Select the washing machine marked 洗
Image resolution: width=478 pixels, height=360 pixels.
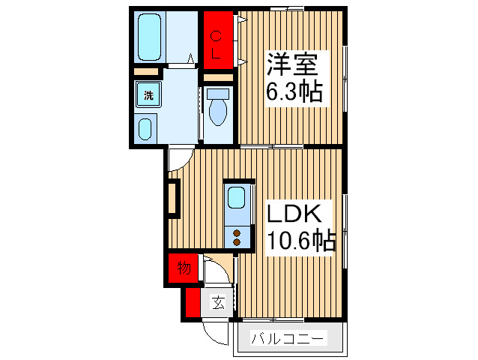[148, 95]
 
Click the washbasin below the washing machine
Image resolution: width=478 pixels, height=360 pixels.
[146, 129]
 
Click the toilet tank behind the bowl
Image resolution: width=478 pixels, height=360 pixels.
[219, 94]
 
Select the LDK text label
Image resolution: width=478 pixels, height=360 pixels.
[295, 214]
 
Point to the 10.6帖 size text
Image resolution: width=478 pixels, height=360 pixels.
[300, 241]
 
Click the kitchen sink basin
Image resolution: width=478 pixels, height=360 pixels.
[237, 199]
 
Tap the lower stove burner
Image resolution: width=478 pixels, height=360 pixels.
[237, 241]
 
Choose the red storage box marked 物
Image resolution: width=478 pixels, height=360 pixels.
[184, 267]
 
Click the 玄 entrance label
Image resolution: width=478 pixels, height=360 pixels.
[217, 303]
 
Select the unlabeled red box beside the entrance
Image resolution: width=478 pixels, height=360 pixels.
[193, 302]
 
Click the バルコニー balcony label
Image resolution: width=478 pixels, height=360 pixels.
[288, 339]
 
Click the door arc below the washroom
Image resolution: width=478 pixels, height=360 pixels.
[180, 158]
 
